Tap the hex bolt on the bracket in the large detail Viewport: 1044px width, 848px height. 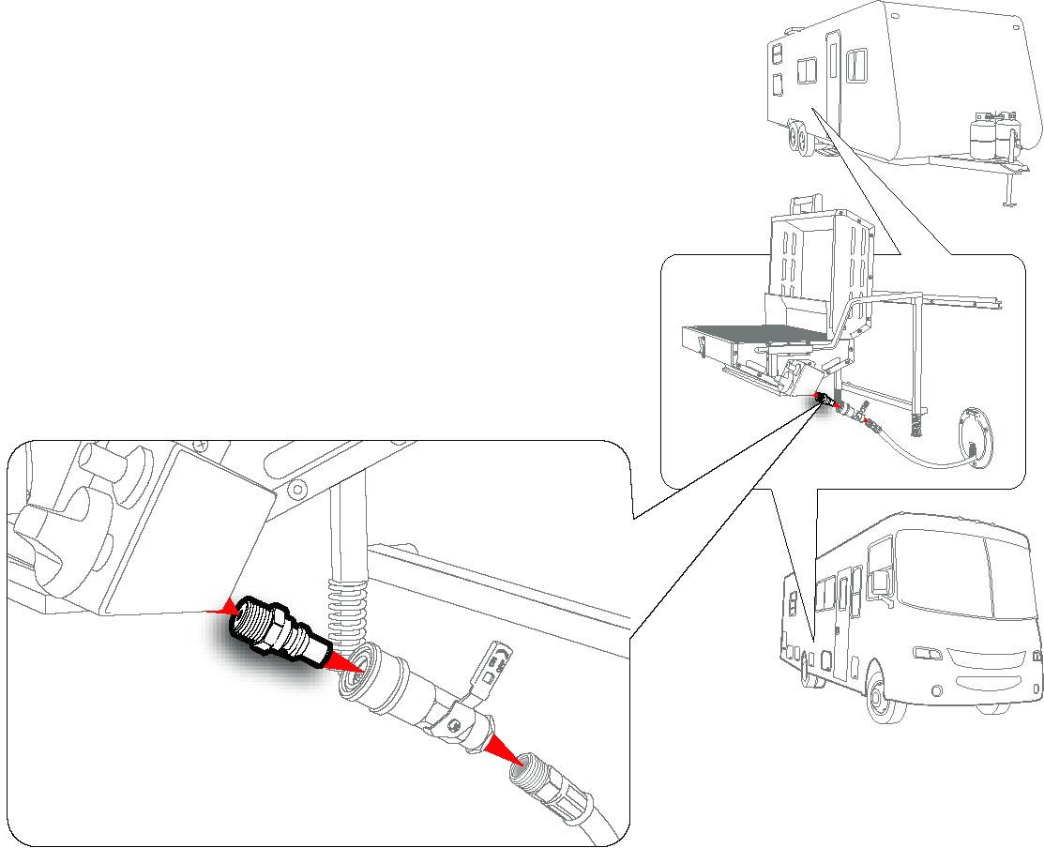[298, 488]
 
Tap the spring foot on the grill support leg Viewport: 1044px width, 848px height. [916, 423]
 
